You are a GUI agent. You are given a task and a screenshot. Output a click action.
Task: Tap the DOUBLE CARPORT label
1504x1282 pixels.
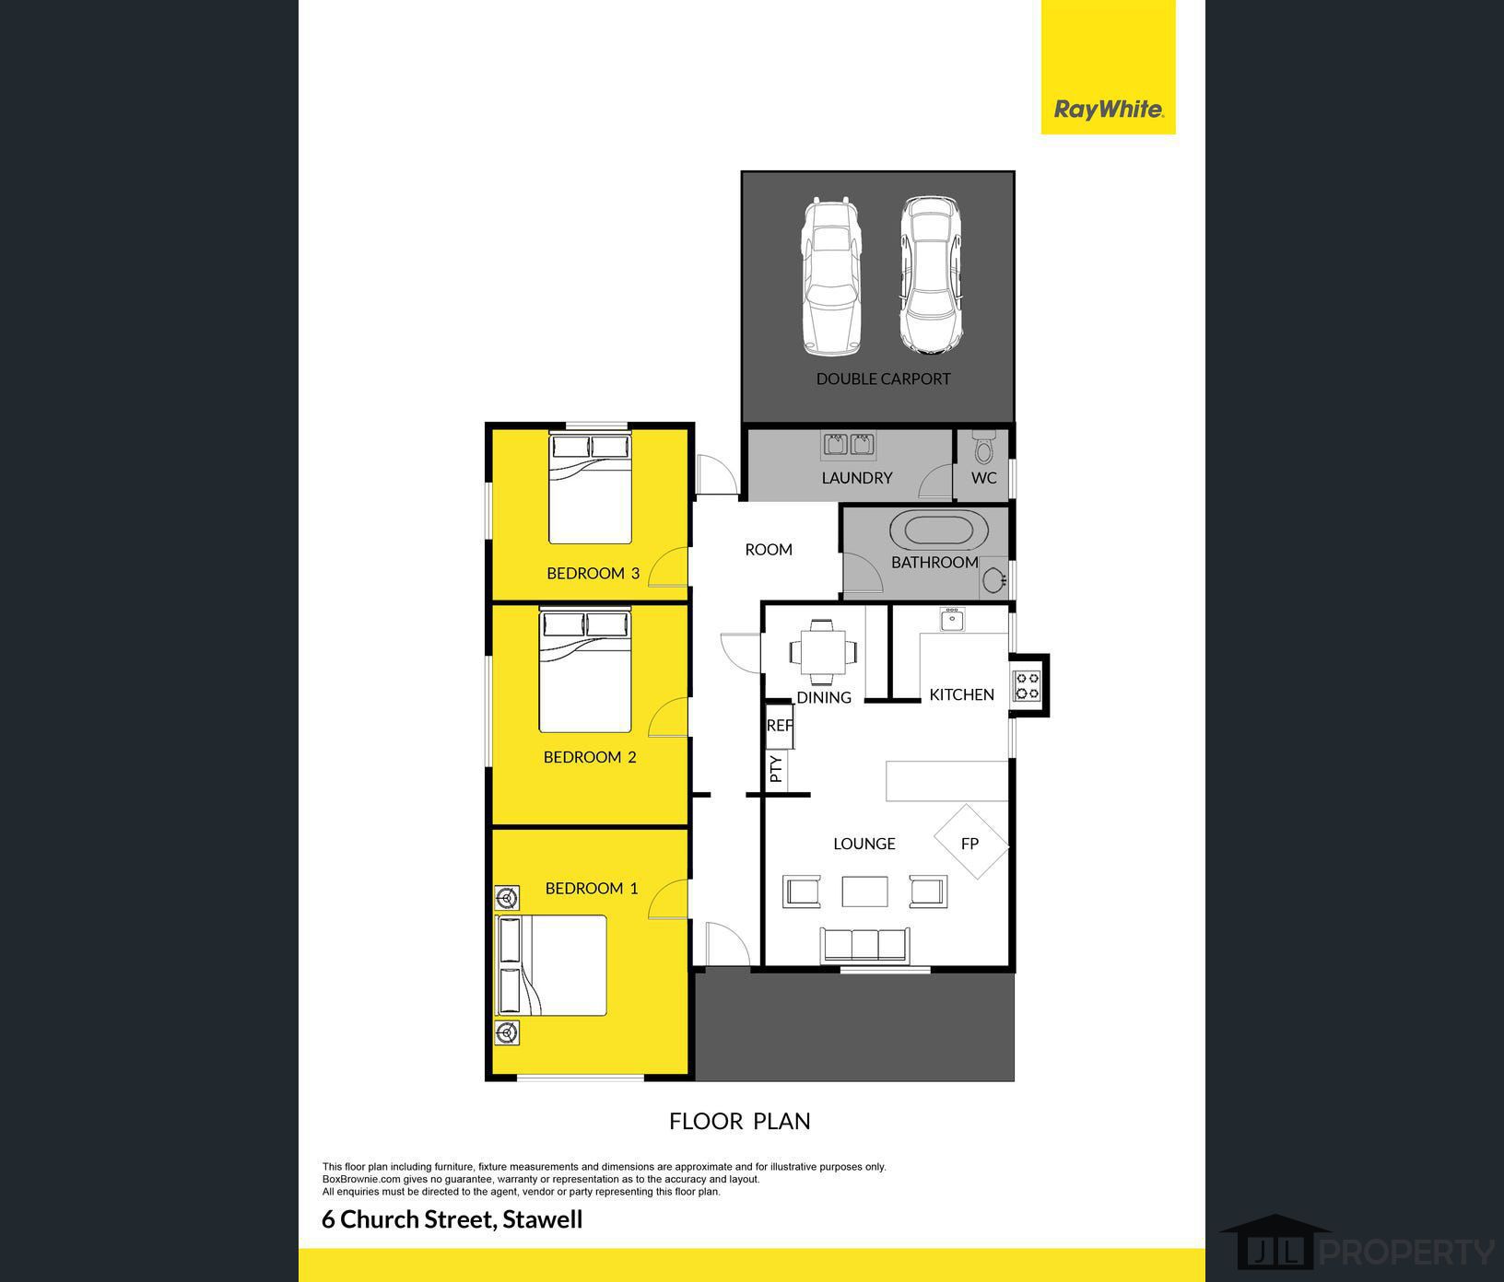883,379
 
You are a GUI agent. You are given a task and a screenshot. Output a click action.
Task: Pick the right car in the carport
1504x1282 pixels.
931,276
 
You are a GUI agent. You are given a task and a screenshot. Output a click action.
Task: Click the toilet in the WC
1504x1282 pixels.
983,448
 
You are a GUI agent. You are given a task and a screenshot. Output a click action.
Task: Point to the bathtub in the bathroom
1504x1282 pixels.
939,531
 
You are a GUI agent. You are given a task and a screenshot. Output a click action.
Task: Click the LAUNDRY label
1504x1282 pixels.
857,478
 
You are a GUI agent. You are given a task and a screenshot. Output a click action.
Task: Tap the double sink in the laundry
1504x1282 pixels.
849,445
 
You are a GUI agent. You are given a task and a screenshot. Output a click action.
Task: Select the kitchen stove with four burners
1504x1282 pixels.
1027,686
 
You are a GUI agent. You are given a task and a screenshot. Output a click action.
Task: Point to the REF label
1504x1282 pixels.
780,726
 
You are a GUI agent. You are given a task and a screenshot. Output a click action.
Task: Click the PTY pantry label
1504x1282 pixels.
776,769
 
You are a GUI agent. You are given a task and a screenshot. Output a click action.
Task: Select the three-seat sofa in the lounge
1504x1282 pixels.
865,945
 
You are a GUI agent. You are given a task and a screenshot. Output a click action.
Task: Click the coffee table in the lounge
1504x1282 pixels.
865,892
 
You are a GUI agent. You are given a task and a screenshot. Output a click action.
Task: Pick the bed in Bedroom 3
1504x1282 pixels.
591,489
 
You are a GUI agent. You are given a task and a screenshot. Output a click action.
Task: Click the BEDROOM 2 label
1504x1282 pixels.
590,757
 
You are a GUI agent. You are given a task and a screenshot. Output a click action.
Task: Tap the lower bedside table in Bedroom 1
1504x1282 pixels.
507,1032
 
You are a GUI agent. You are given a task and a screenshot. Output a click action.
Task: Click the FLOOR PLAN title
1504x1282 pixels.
740,1121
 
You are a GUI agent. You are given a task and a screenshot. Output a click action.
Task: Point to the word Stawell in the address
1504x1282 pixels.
543,1219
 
